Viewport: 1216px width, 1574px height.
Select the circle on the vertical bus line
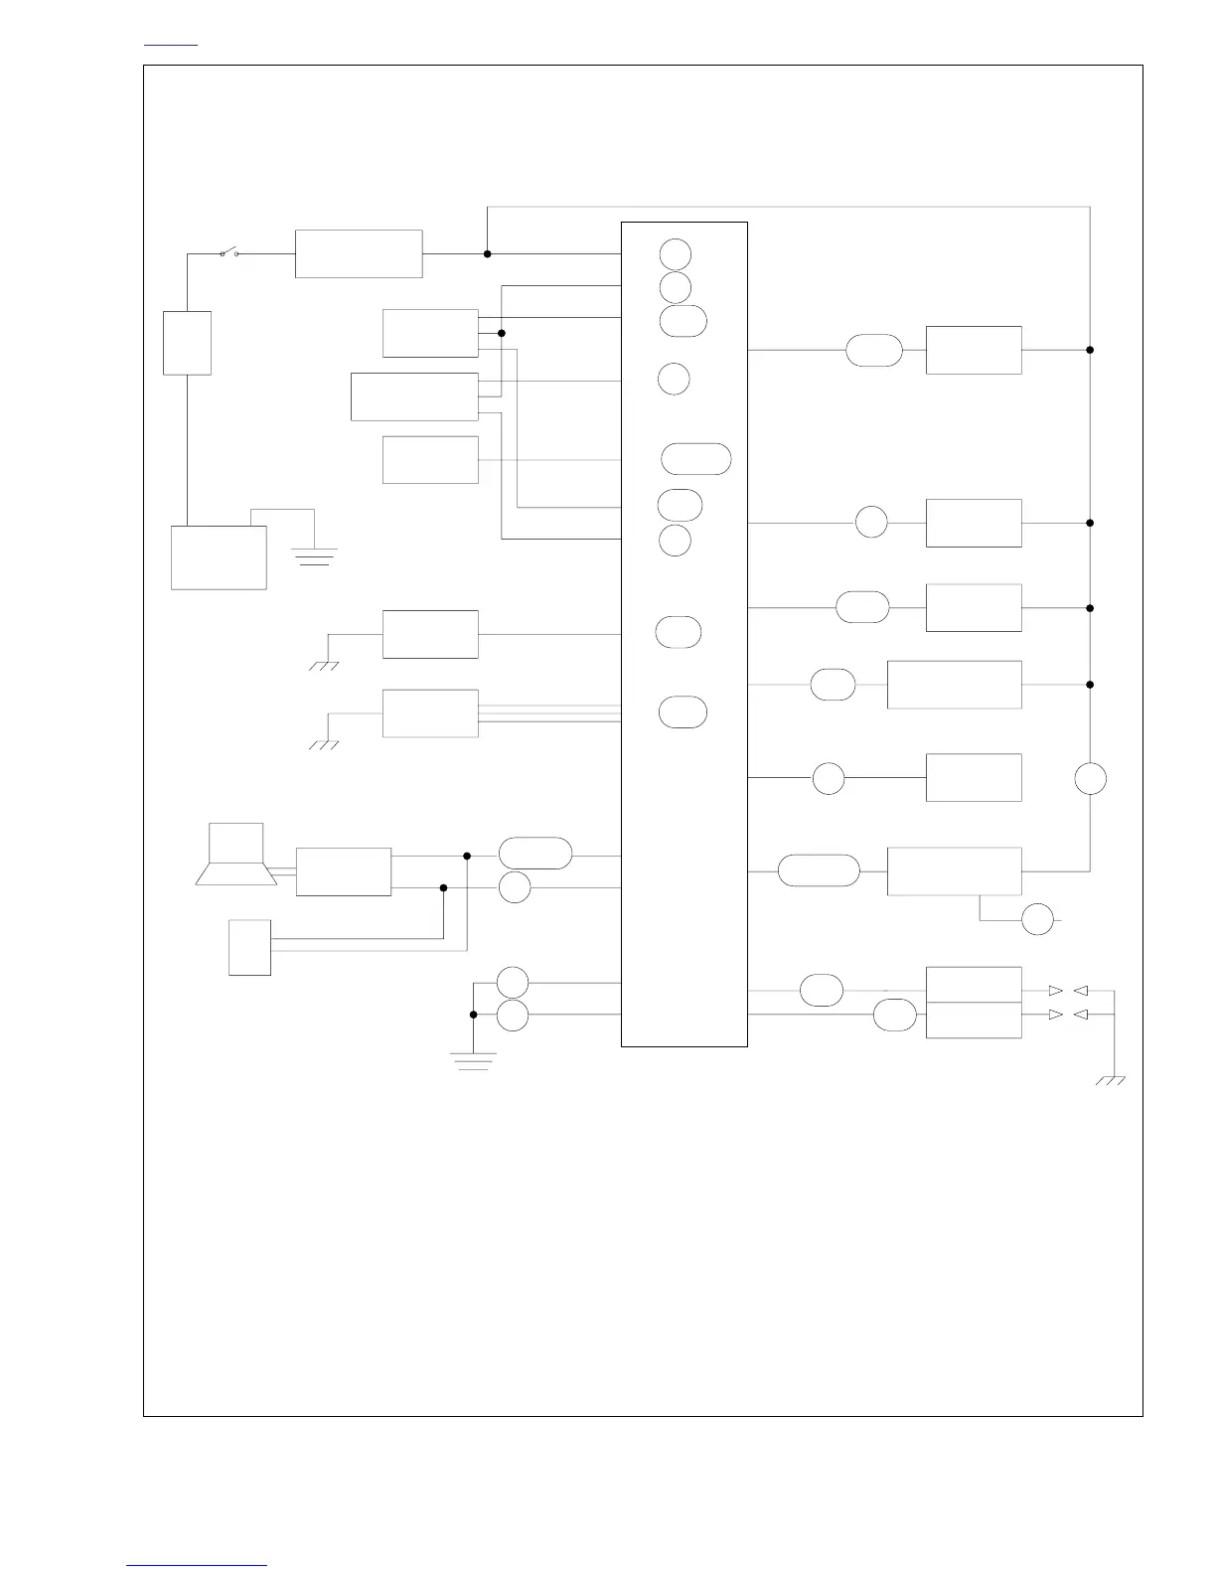pyautogui.click(x=1091, y=779)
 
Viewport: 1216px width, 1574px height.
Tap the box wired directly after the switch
pyautogui.click(x=359, y=254)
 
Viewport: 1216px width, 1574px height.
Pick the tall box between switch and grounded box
pyautogui.click(x=187, y=343)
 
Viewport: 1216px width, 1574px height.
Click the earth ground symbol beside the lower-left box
pyautogui.click(x=314, y=555)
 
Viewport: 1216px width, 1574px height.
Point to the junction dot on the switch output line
pyautogui.click(x=487, y=253)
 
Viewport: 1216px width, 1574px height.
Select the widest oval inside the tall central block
pyautogui.click(x=696, y=459)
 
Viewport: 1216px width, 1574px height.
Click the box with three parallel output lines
pyautogui.click(x=430, y=713)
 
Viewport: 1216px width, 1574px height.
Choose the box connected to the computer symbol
pyautogui.click(x=344, y=872)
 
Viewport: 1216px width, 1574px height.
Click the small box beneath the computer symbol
pyautogui.click(x=249, y=948)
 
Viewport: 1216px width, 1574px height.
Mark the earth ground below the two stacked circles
pyautogui.click(x=473, y=1061)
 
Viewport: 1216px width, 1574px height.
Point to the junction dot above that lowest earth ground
pyautogui.click(x=473, y=1015)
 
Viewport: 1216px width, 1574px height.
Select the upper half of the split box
pyautogui.click(x=974, y=985)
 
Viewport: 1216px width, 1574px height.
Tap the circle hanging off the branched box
pyautogui.click(x=1038, y=920)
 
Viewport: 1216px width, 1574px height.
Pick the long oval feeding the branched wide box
pyautogui.click(x=819, y=870)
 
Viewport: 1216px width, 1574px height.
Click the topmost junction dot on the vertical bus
pyautogui.click(x=1090, y=350)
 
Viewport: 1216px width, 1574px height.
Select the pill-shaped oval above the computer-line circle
pyautogui.click(x=535, y=854)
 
